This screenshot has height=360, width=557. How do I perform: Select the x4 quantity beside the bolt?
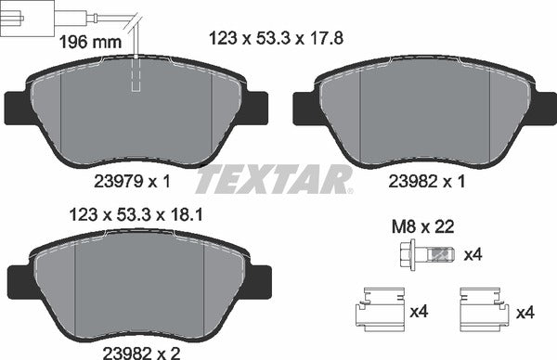point(473,254)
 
